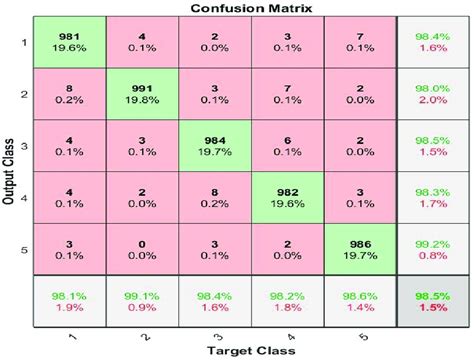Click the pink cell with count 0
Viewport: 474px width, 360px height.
140,248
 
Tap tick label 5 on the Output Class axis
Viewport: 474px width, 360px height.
22,248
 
